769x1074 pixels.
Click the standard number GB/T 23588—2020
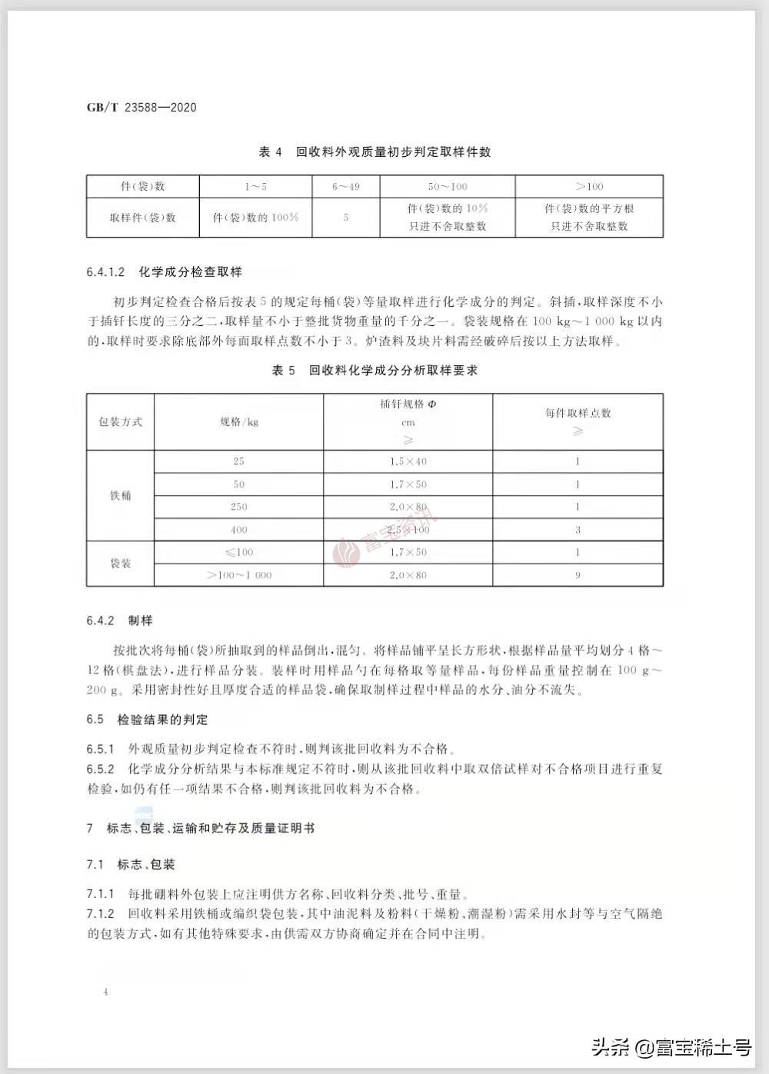[141, 108]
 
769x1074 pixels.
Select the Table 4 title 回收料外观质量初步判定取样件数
[375, 152]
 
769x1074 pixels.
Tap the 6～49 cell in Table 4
[345, 187]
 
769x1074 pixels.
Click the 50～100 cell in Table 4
[447, 187]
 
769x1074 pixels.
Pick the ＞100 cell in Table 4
[589, 187]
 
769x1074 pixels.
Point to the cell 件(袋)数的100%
[255, 218]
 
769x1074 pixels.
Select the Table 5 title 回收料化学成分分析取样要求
[375, 371]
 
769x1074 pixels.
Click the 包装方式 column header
[120, 422]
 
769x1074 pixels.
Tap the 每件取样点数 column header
[578, 414]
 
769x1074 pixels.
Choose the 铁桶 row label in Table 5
[120, 495]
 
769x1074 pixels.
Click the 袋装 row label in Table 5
[120, 564]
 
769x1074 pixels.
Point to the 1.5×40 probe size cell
[408, 461]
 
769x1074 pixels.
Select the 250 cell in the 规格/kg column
[238, 507]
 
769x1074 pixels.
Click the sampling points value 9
[578, 575]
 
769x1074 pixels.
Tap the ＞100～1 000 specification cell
[238, 575]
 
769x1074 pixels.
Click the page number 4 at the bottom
[105, 992]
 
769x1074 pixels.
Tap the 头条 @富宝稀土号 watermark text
[671, 1046]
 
